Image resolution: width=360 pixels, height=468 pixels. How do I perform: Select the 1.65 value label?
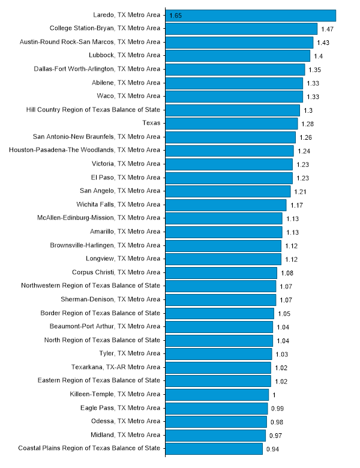(x=176, y=16)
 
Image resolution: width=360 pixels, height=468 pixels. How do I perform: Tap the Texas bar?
(x=232, y=123)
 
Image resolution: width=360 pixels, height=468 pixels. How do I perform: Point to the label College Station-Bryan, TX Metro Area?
(x=104, y=28)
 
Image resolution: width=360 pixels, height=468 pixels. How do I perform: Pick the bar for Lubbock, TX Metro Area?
(x=238, y=55)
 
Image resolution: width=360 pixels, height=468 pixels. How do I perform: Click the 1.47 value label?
(x=327, y=29)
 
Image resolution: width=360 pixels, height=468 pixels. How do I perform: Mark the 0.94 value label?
(x=272, y=449)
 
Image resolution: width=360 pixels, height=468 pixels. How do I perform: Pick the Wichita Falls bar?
(x=226, y=205)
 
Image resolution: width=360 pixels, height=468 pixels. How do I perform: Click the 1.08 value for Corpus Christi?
(x=287, y=273)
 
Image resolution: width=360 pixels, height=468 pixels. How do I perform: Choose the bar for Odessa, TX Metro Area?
(x=216, y=421)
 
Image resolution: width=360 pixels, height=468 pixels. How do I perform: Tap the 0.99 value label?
(x=277, y=409)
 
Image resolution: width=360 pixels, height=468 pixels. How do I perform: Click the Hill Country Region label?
(x=94, y=109)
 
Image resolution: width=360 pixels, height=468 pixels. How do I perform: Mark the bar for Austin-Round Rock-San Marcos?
(x=239, y=42)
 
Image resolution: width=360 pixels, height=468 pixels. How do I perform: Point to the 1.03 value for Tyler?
(x=281, y=355)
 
